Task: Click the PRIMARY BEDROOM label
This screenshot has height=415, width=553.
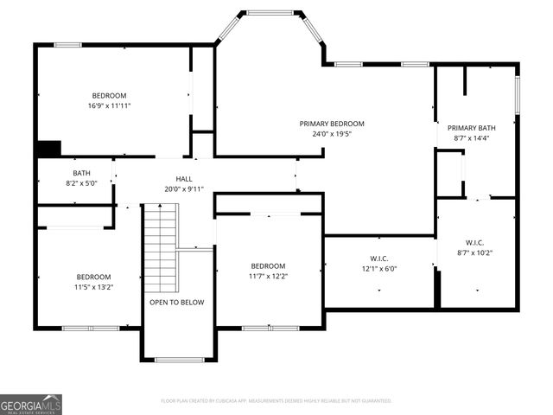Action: point(332,124)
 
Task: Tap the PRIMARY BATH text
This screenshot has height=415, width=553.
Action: point(476,127)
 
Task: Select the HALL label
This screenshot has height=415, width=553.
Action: point(183,178)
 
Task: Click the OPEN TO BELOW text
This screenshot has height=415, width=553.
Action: point(176,303)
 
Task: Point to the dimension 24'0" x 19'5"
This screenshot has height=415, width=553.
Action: point(332,135)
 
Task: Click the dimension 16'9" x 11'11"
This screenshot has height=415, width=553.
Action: point(110,105)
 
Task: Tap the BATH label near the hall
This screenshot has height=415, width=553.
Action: point(81,173)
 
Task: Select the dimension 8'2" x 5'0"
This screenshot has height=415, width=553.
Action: point(81,183)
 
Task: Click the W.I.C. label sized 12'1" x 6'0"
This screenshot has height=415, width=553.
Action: point(378,258)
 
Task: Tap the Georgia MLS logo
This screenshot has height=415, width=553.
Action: point(31,404)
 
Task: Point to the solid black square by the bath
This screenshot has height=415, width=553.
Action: point(48,149)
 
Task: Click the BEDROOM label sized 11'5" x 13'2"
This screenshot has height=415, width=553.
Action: point(93,277)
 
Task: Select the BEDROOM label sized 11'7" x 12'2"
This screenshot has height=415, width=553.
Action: point(268,265)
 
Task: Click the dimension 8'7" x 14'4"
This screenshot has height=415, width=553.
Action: point(476,137)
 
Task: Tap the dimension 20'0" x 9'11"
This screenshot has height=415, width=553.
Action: point(183,188)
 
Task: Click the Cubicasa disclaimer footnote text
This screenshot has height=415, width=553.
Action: point(276,401)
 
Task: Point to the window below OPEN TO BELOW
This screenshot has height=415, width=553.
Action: point(179,360)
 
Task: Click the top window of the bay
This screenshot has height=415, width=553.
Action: point(270,12)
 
